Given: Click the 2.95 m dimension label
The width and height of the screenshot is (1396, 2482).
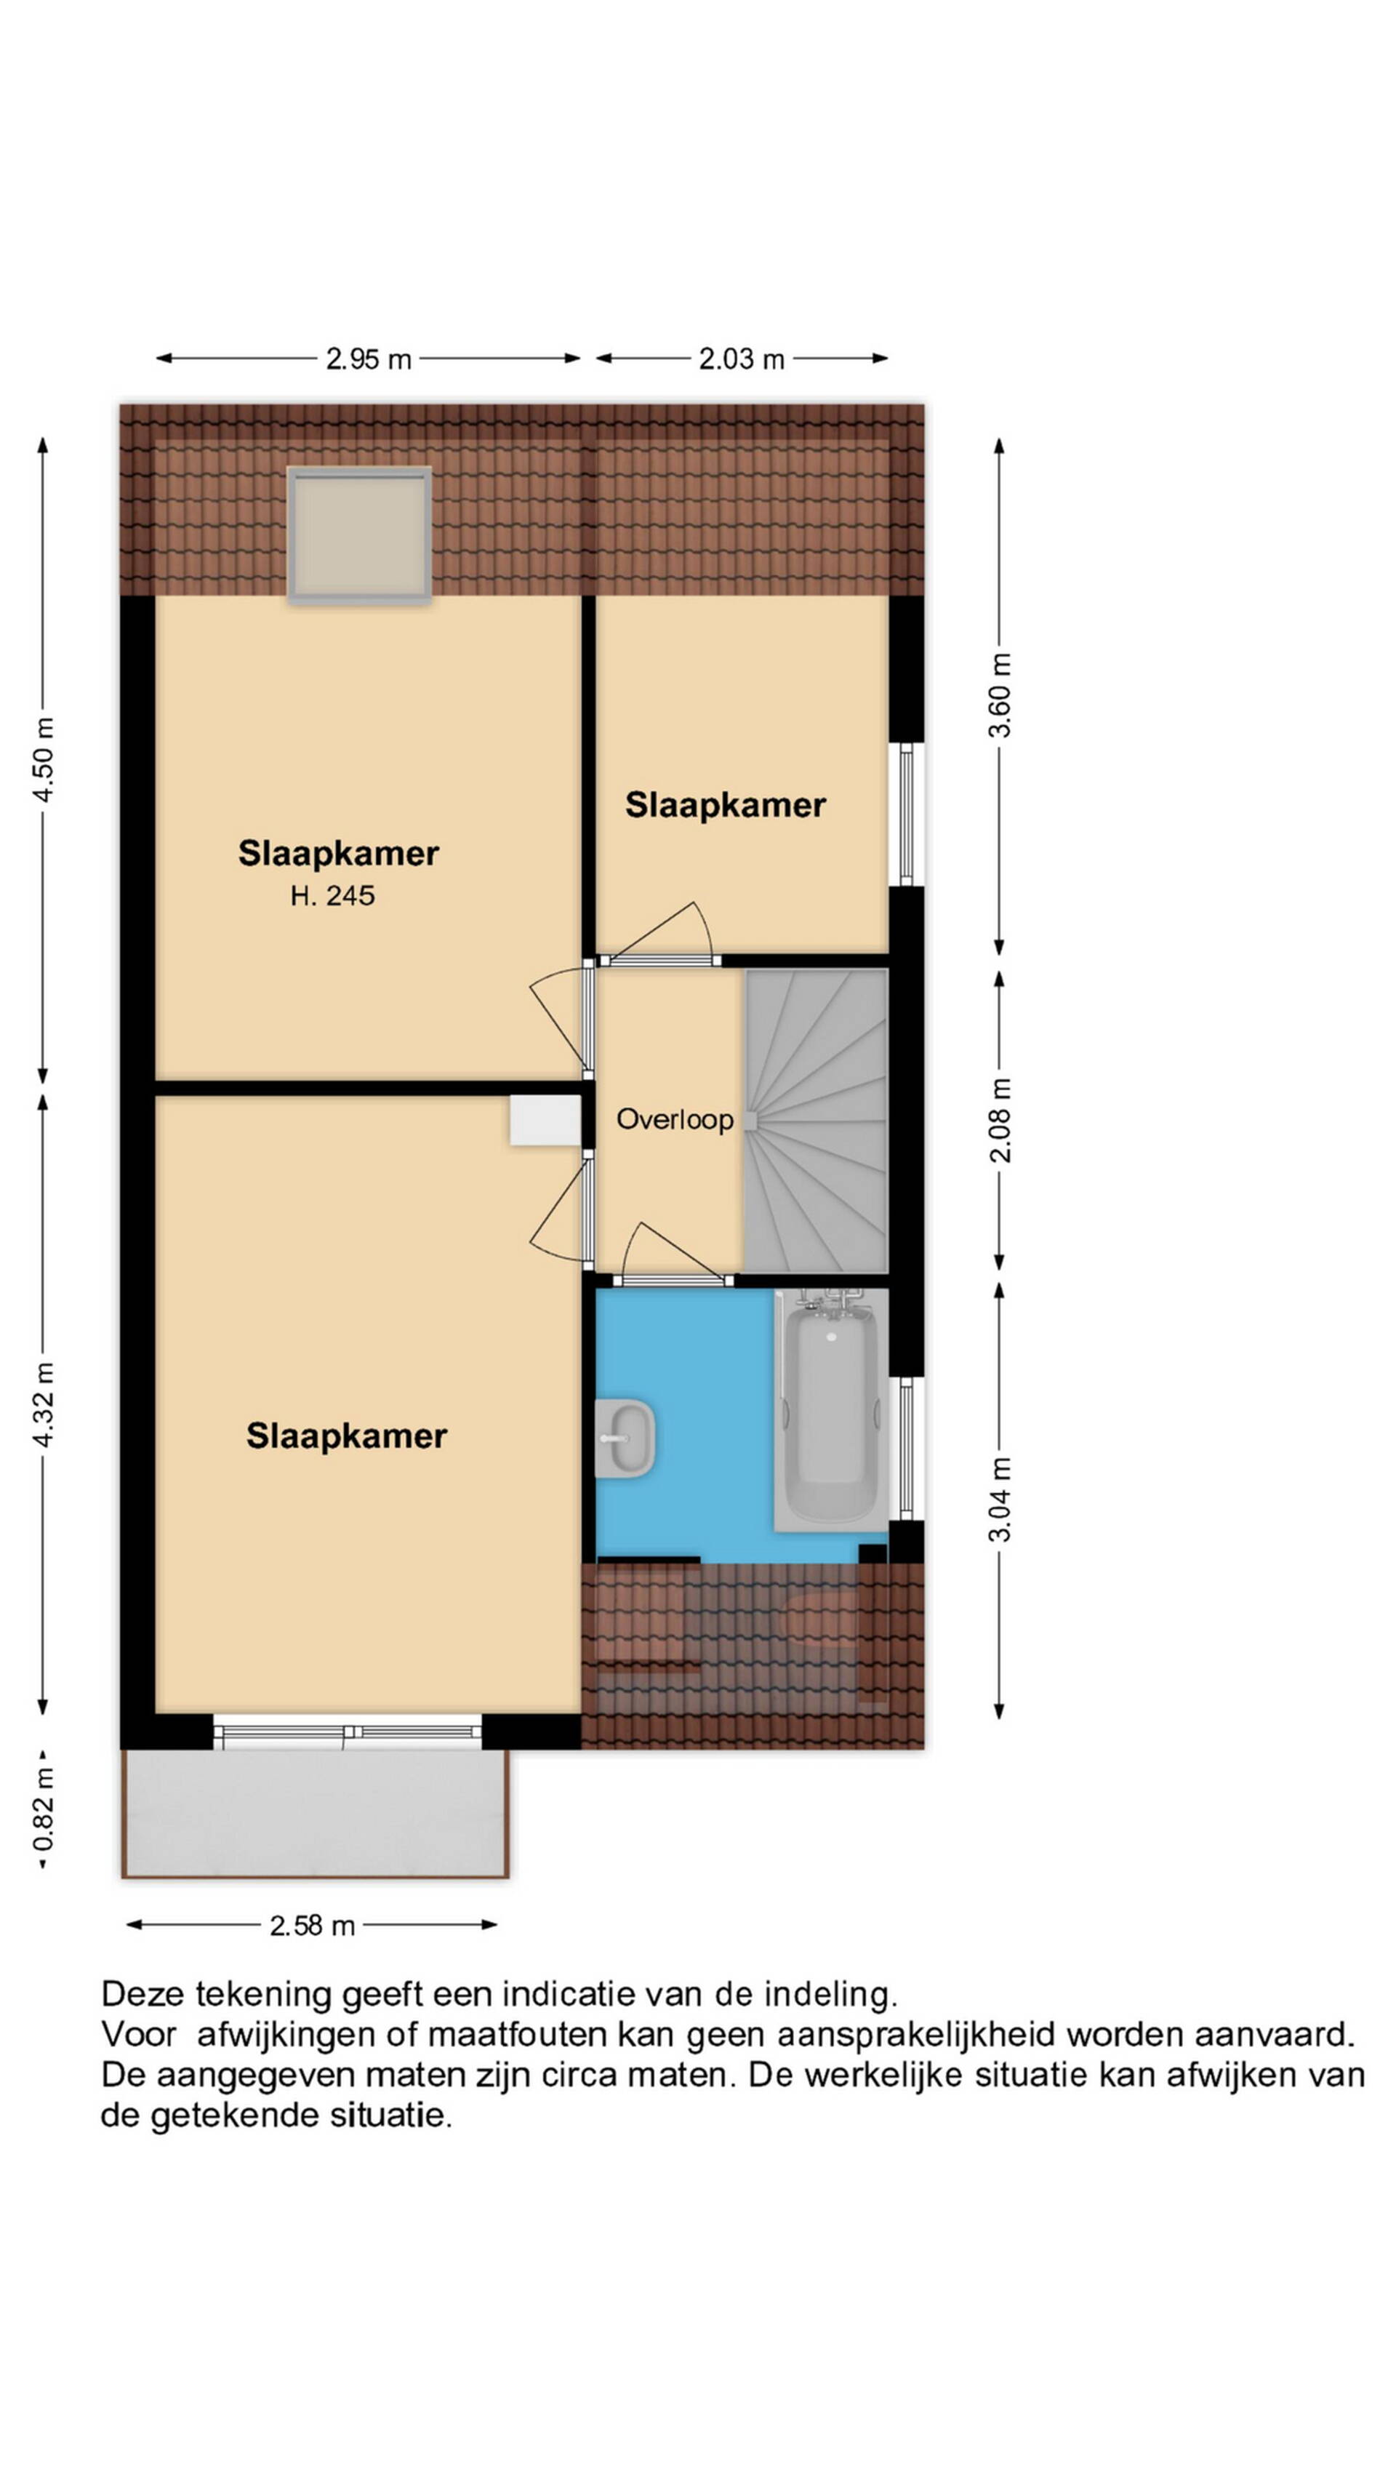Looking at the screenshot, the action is coord(368,359).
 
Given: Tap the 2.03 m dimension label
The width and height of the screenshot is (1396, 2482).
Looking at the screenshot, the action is coord(741,359).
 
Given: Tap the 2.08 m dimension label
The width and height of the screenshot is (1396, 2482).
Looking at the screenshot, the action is coord(1001,1120).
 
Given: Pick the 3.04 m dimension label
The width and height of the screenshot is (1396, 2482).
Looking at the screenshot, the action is coord(1001,1500).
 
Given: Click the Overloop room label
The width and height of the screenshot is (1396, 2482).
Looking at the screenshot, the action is coord(675,1120).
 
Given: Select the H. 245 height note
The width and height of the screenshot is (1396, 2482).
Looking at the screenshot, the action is coord(332,896).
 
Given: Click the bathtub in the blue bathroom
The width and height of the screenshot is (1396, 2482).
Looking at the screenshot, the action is coord(830,1411).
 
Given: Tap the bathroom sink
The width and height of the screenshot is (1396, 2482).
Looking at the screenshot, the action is coord(625,1438).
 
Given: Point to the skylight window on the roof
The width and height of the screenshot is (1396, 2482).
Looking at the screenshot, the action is coord(359,536).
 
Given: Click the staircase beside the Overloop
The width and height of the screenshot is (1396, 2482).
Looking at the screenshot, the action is coord(816,1121).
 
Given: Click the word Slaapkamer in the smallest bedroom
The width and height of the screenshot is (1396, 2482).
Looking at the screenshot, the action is coord(726,806).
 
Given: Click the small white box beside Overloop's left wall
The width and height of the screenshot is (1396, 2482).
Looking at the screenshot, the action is coord(545,1121).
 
